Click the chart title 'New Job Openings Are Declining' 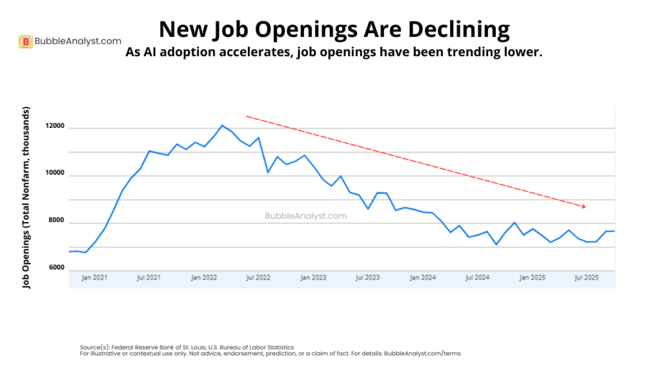point(334,29)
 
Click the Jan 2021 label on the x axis point(94,277)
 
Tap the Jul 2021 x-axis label point(149,277)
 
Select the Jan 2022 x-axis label point(204,277)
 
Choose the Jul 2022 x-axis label point(258,277)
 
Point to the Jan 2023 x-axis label point(314,277)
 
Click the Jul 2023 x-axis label point(368,277)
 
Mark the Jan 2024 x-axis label point(423,277)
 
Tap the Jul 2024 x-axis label point(477,277)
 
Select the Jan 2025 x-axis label point(533,277)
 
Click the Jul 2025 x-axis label point(587,277)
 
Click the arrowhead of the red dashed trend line point(584,207)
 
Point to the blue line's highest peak point(222,125)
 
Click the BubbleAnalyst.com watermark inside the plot point(305,216)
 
